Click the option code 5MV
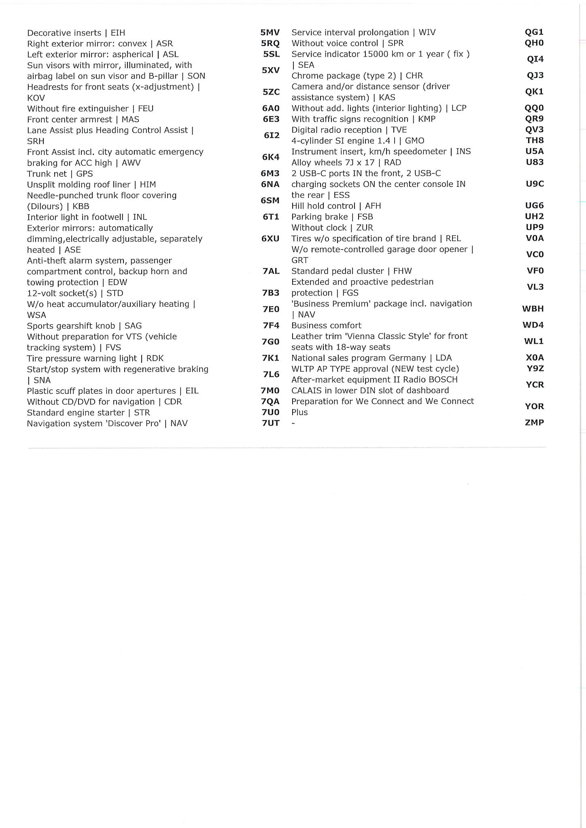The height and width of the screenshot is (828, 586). [x=270, y=32]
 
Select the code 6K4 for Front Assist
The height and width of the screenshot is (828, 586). [x=270, y=157]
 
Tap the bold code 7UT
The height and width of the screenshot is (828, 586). [x=270, y=423]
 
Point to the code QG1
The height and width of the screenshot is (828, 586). [x=534, y=32]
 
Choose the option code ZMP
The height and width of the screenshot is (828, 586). [x=534, y=422]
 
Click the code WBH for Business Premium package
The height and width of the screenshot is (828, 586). [x=533, y=308]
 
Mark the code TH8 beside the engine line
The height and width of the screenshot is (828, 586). [x=535, y=140]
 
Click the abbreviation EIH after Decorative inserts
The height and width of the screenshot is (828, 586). [x=118, y=33]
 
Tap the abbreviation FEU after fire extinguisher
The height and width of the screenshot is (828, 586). [x=146, y=108]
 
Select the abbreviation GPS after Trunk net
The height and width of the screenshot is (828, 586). [x=85, y=173]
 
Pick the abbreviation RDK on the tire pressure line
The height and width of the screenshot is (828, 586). [x=155, y=358]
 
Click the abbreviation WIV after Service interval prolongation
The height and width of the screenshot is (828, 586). [x=427, y=32]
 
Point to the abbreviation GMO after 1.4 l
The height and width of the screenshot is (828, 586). [x=414, y=141]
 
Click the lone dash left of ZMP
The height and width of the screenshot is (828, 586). [x=293, y=423]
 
